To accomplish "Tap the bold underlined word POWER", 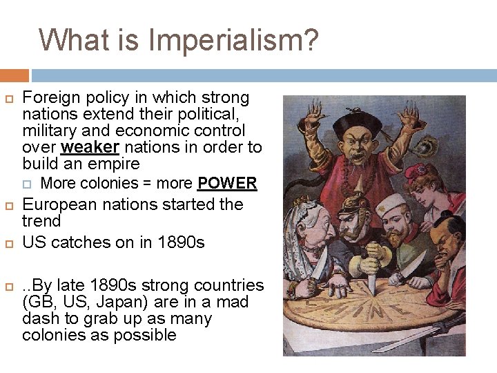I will [227, 184].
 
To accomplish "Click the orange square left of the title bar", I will [14, 75].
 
